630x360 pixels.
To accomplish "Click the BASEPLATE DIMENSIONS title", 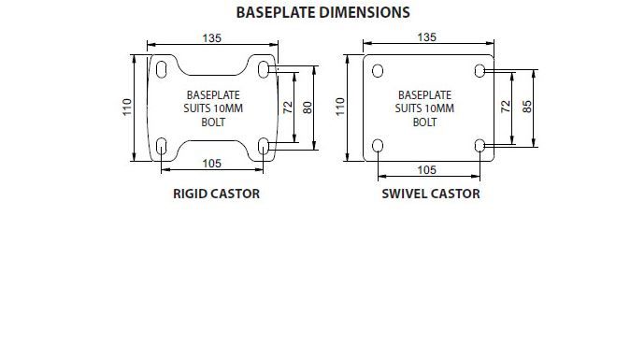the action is [x=323, y=12].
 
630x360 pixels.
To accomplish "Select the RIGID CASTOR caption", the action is [x=216, y=194].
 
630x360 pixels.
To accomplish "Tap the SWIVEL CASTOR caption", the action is [x=431, y=194].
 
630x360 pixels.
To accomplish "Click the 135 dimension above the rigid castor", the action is [x=212, y=38].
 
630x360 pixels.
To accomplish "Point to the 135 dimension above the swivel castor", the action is [x=426, y=37].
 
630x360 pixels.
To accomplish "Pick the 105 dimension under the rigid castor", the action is [x=212, y=164].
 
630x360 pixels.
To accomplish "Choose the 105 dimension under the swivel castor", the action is [x=426, y=170].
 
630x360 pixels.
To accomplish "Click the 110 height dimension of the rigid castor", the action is [x=127, y=108].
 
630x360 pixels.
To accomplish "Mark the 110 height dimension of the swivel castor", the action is [x=340, y=107].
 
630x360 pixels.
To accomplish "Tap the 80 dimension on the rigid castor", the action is [x=308, y=108].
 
